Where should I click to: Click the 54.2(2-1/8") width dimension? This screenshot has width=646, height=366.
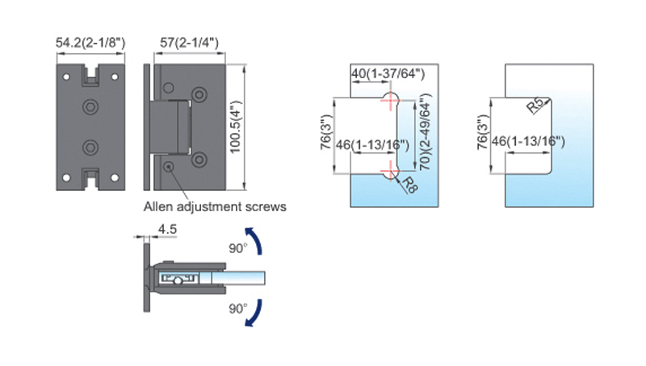coord(90,43)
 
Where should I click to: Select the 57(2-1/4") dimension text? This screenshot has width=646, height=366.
coord(189,43)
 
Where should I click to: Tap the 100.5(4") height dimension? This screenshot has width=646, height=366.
coord(235,127)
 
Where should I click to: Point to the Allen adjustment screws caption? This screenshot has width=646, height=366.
coord(215,206)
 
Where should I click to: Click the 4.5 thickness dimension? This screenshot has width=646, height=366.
coord(167,229)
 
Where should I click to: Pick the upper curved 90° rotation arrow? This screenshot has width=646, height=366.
coord(254,240)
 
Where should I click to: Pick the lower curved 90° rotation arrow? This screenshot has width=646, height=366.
coord(254,314)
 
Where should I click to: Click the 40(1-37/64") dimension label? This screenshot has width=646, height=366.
coord(388,73)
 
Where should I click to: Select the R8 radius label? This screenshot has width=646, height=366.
coord(409,185)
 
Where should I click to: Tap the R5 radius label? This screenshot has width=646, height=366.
coord(536,106)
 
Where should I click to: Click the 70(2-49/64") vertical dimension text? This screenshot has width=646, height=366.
coord(426,132)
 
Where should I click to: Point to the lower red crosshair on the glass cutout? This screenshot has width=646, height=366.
coord(390,171)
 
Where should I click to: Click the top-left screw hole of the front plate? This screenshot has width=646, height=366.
coord(66,77)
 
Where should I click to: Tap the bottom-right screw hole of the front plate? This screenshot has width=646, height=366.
coord(115,178)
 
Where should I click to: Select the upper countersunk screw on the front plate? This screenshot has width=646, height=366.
coord(90,107)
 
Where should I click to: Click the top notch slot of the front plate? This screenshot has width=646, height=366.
coord(90,74)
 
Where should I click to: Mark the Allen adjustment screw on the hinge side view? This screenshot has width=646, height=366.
coord(169,167)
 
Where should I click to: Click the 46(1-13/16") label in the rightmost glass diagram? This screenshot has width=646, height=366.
coord(528,141)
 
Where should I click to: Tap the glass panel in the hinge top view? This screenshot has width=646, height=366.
coord(238,278)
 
